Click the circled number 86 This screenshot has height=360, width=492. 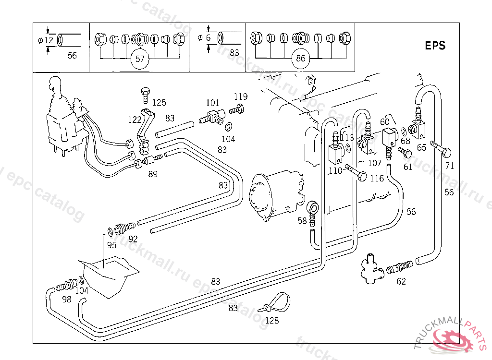[301, 60]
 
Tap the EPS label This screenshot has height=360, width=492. [435, 46]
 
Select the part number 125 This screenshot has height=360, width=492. [159, 102]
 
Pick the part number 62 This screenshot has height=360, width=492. [401, 281]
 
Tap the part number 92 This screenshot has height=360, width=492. [133, 239]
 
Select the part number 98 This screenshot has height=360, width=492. [66, 299]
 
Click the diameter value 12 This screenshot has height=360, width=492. [49, 40]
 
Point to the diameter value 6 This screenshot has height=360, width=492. [208, 37]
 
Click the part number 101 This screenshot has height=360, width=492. [212, 103]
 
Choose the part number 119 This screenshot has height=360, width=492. [241, 96]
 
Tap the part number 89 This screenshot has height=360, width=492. [153, 174]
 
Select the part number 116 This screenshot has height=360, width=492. [377, 178]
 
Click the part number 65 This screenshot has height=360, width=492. [421, 148]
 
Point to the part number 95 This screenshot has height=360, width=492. [112, 245]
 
